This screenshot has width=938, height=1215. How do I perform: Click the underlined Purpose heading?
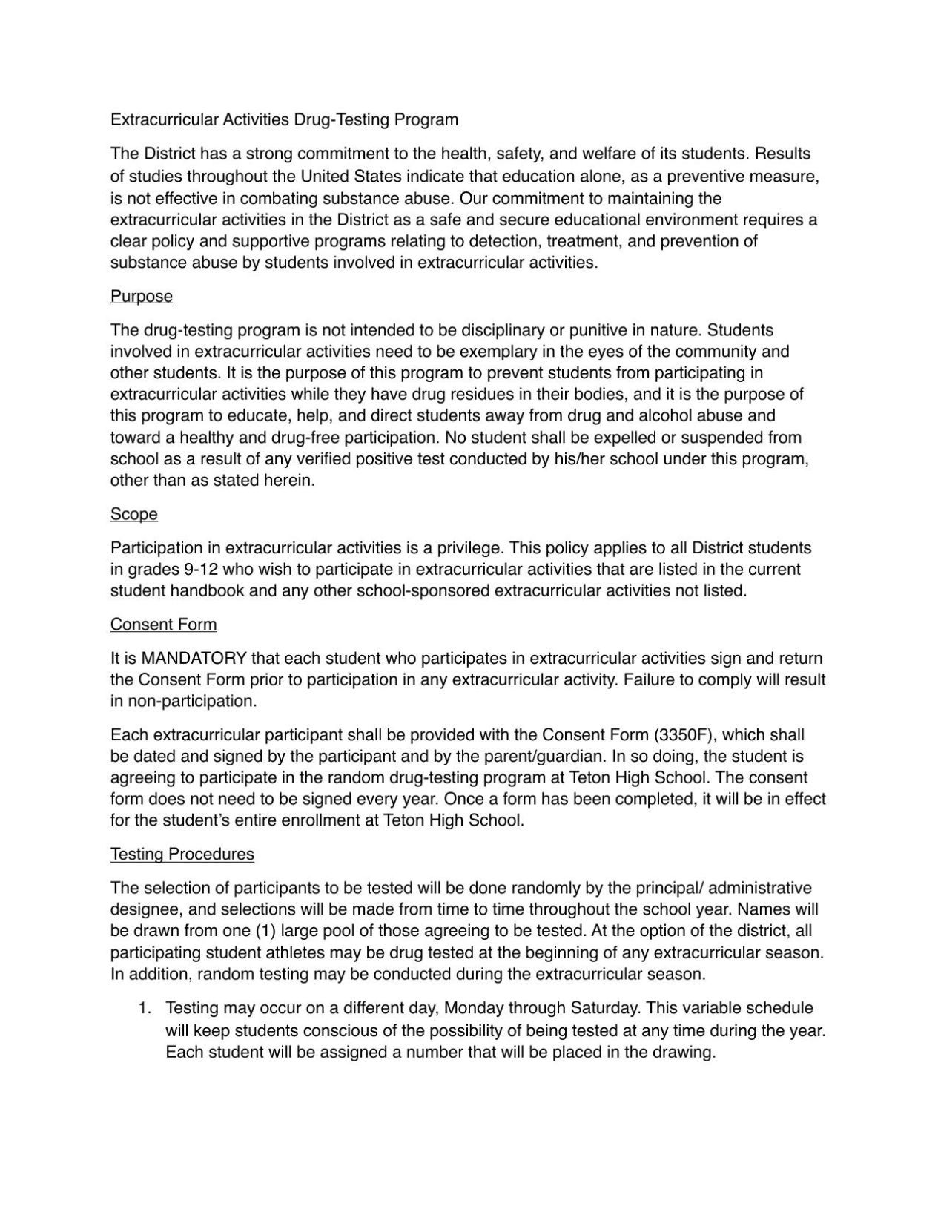(142, 297)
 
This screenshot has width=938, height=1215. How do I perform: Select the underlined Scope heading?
(134, 515)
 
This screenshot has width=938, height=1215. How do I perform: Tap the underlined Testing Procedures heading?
(182, 855)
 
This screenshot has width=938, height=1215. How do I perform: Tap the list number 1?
(145, 1009)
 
